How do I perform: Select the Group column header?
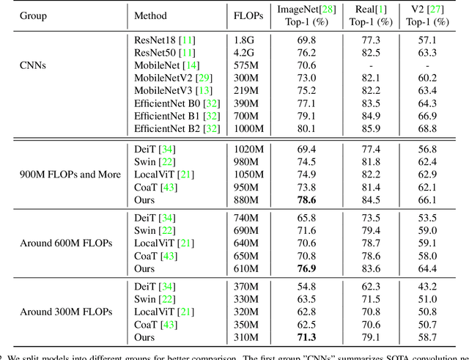pos(34,15)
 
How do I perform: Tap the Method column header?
pos(151,15)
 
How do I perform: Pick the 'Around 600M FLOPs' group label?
pos(66,243)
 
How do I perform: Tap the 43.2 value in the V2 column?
pos(426,284)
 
